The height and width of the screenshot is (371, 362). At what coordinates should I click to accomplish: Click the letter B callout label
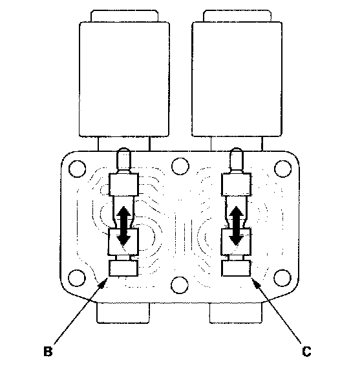pos(48,352)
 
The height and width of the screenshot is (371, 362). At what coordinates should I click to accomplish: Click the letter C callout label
pos(306,352)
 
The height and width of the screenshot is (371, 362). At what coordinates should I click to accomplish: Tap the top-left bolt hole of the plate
pos(77,169)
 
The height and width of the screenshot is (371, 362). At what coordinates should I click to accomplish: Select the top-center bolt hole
pos(180,166)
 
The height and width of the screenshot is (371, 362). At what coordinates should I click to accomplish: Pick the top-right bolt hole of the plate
pos(282,169)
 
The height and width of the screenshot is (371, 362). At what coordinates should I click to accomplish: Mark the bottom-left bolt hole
pos(77,277)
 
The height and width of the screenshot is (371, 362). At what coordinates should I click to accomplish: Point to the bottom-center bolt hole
pos(180,284)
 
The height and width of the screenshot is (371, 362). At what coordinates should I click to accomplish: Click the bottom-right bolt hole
pos(282,277)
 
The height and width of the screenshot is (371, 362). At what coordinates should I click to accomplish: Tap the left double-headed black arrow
pos(123,226)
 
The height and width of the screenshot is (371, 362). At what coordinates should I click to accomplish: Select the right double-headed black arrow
pos(236,226)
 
